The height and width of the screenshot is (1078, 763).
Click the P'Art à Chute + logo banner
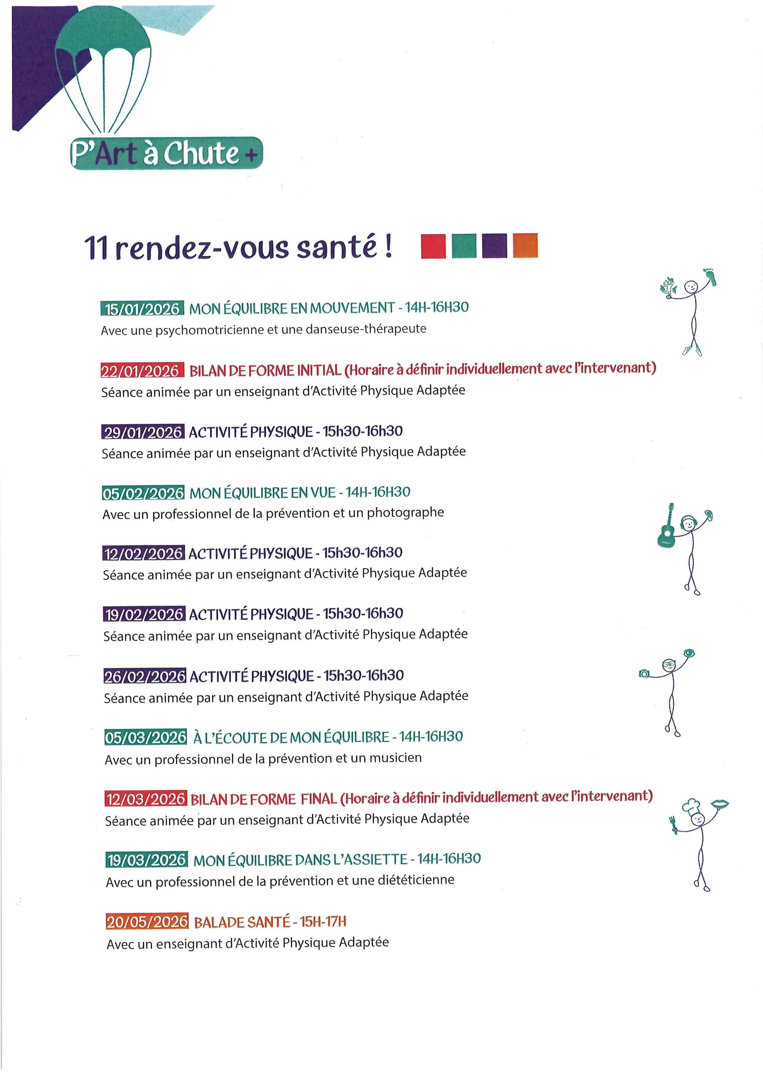(x=166, y=153)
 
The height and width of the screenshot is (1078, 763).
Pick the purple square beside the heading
(x=494, y=246)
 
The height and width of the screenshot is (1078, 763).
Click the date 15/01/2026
(x=142, y=309)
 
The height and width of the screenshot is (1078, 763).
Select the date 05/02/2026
(x=143, y=493)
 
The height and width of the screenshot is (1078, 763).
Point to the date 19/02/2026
(x=143, y=614)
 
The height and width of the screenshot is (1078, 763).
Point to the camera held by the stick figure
(x=644, y=674)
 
